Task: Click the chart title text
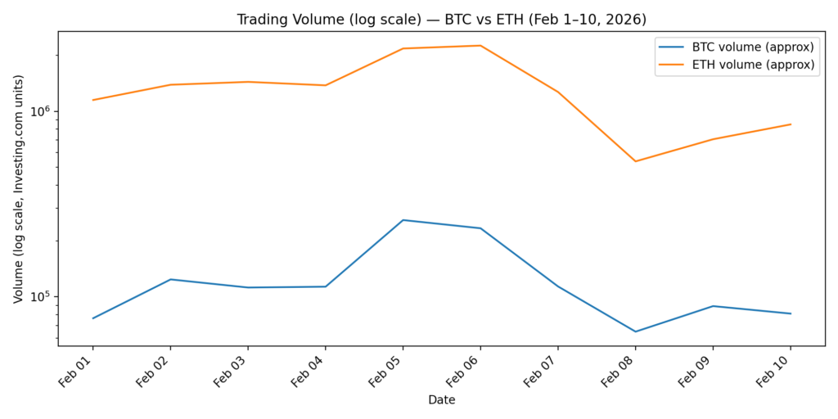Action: (441, 19)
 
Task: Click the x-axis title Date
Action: (441, 400)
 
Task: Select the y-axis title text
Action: (19, 188)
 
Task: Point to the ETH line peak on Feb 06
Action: (480, 46)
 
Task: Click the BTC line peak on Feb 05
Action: (403, 220)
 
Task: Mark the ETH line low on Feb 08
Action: (635, 161)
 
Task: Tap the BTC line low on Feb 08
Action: (635, 331)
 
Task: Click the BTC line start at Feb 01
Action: (92, 318)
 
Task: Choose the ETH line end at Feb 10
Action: (791, 124)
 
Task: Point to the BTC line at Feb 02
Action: (170, 279)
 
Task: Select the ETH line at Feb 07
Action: (557, 92)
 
